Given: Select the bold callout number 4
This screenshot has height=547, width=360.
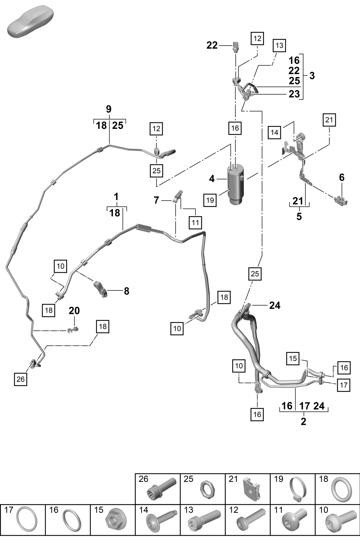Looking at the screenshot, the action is point(212,179).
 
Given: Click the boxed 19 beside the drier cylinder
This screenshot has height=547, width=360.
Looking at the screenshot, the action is point(210,200).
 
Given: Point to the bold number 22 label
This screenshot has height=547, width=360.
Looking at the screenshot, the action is point(212,45).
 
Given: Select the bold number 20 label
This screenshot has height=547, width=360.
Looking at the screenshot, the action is point(74,311).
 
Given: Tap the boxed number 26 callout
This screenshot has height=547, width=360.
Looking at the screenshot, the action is point(21,379).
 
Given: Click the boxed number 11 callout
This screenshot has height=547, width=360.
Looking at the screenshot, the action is point(195,223).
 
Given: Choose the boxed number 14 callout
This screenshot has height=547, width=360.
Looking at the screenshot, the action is point(274,132).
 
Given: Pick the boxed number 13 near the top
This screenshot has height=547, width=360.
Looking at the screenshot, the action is point(279,45).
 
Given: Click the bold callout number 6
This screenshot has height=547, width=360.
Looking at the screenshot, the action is point(342,178).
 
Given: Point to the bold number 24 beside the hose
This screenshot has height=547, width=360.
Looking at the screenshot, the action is point(275,305).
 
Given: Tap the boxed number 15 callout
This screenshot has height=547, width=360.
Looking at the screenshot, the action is point(293,358).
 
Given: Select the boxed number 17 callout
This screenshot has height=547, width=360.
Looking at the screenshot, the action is point(344,385).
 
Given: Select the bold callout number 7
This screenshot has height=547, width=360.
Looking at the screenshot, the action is point(156,200).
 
